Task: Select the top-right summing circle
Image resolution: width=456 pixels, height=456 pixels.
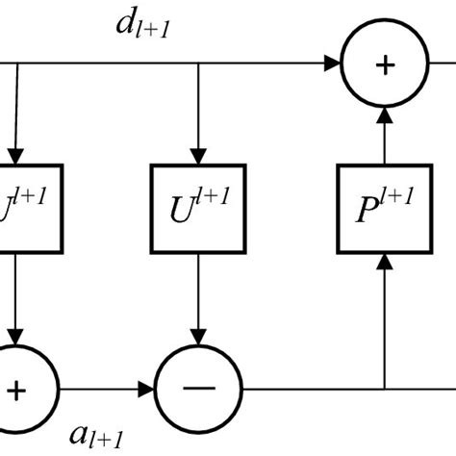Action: coord(385,65)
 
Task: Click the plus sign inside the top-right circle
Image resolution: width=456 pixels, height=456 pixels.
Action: coord(385,65)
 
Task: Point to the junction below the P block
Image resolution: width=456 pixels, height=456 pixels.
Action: coord(385,390)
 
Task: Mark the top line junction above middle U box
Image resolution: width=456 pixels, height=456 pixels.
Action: coord(197,65)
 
